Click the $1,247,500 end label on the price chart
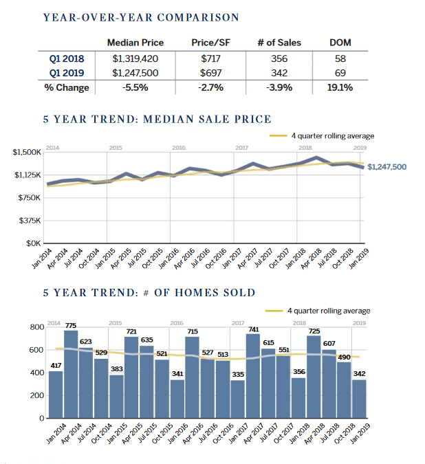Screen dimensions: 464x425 pos(386,167)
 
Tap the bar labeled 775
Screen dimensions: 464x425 pos(71,375)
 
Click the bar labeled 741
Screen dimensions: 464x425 pos(254,377)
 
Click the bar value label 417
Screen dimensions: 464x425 pos(56,365)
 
